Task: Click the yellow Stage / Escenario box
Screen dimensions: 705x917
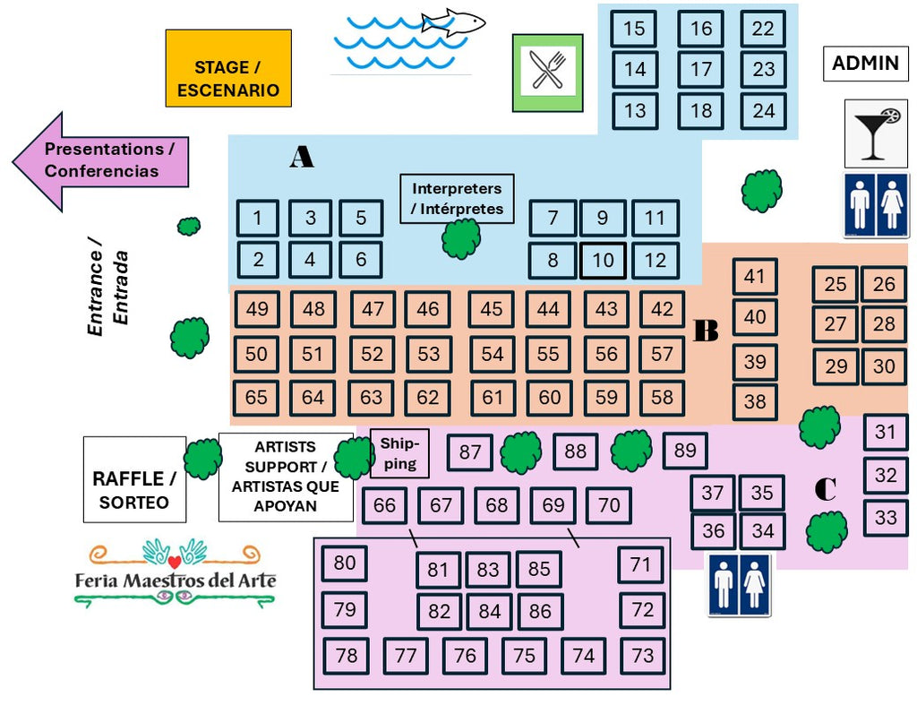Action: (228, 68)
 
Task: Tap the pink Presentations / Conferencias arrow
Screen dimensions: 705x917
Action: (102, 160)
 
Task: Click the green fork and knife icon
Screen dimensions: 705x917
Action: (547, 73)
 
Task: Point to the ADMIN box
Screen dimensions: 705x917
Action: (865, 64)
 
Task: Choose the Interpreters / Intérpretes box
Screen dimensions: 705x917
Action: (457, 199)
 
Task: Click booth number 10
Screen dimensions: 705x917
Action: (603, 261)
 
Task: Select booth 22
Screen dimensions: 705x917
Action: (763, 29)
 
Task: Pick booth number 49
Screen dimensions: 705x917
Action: (257, 309)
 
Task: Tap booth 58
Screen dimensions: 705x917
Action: (662, 398)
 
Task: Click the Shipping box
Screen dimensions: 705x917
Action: (399, 453)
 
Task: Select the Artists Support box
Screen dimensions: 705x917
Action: (286, 477)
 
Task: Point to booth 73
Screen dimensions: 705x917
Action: (643, 656)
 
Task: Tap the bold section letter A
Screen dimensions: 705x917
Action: (302, 158)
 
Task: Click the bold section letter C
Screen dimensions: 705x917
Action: (825, 489)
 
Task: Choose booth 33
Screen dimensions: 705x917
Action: (886, 518)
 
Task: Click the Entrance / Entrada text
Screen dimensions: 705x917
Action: (108, 288)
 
